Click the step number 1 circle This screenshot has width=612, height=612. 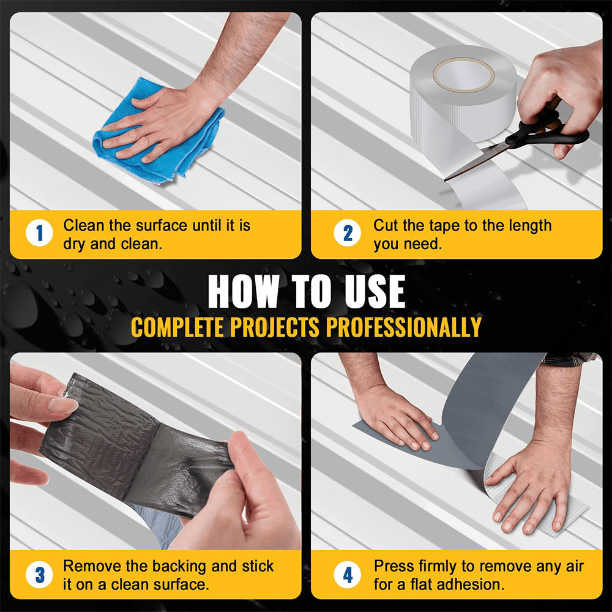click(39, 233)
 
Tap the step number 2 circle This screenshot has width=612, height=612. click(348, 233)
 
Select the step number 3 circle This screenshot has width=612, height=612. click(39, 575)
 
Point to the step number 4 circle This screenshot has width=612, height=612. click(348, 575)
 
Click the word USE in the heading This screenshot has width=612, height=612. click(375, 291)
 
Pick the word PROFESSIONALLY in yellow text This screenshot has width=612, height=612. click(404, 327)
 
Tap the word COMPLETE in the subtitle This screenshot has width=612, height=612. click(177, 327)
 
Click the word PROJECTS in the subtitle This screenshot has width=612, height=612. click(275, 327)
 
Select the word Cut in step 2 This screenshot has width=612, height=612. click(386, 226)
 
